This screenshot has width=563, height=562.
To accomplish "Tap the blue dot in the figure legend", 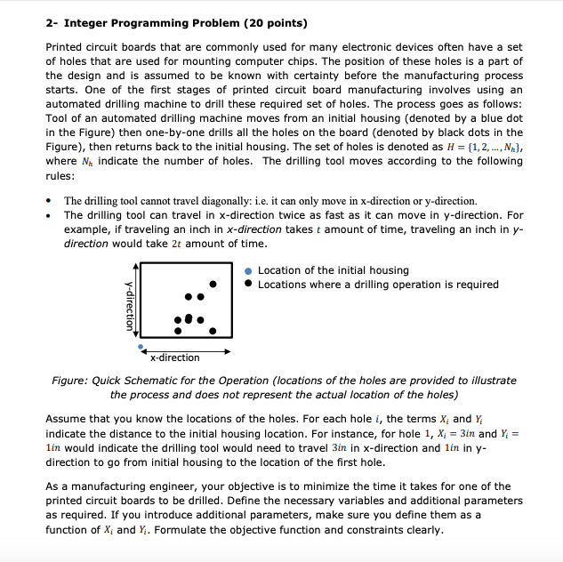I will click(249, 271).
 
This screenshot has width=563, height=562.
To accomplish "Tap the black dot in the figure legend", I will click(249, 285).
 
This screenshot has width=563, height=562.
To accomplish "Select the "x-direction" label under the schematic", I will click(174, 357).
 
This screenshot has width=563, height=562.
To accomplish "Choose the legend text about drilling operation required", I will click(378, 285).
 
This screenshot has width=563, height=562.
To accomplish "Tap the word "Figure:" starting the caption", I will click(69, 381).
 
